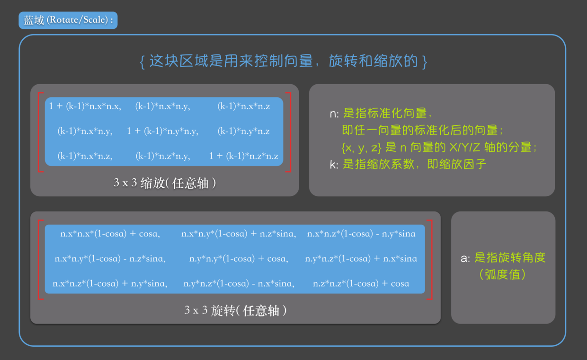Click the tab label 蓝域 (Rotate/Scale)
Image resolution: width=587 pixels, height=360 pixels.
point(68,20)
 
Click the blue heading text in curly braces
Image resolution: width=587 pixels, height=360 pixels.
point(284,61)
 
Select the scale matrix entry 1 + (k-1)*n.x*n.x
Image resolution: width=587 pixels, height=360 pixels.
point(85,106)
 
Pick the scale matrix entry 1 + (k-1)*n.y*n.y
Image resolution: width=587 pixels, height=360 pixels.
point(162,131)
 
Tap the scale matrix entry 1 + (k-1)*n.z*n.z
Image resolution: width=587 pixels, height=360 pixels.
point(243,156)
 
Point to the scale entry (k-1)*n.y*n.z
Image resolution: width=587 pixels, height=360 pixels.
point(243,131)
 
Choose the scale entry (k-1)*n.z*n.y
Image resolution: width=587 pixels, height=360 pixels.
point(162,156)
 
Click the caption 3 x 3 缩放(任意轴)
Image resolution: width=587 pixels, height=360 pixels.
point(165,183)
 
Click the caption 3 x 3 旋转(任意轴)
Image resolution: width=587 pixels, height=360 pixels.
point(235,310)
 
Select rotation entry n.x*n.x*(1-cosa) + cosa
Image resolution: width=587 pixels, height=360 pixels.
point(110,234)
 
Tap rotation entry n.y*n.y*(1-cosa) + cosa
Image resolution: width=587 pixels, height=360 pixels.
point(238,259)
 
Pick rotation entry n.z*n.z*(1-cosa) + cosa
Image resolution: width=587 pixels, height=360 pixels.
point(361,284)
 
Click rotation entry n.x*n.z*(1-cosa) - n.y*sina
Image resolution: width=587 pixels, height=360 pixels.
point(361,234)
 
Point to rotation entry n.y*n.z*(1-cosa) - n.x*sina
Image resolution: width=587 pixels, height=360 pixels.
point(239,284)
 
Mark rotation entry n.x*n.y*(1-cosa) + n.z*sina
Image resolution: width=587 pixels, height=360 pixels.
point(238,234)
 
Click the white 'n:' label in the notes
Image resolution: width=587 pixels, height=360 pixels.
point(334,114)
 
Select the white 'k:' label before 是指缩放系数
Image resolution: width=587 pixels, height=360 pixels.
point(334,165)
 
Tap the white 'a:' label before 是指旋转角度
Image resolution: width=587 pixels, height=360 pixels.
point(465,258)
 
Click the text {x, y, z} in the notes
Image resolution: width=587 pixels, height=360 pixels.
point(361,148)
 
